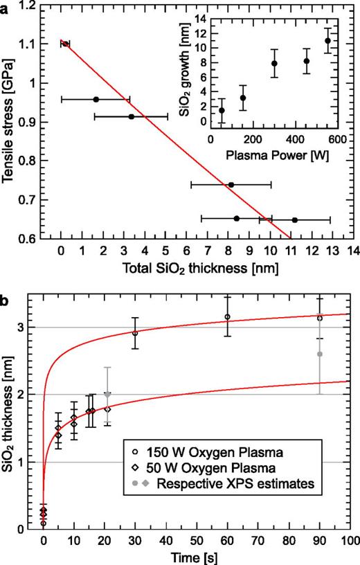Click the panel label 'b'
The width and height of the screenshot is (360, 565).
[6, 284]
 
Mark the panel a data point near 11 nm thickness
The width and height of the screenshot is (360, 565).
[294, 219]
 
